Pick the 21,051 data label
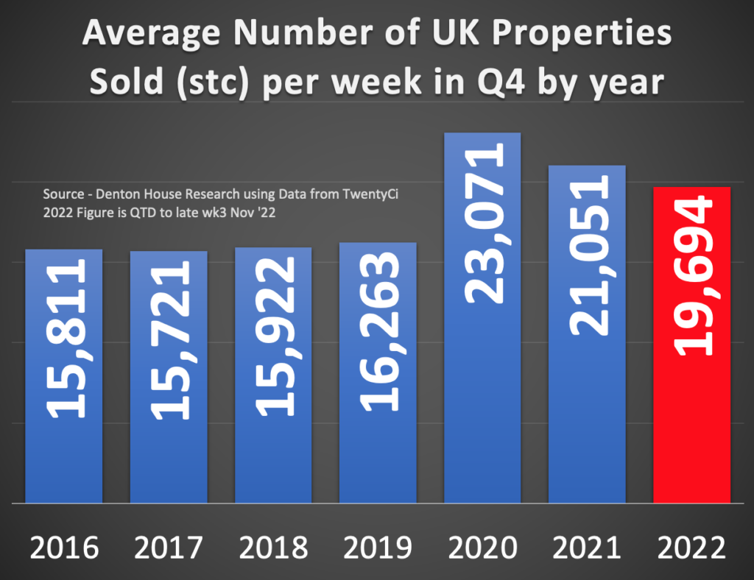click(x=588, y=255)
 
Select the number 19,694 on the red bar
click(x=692, y=276)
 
